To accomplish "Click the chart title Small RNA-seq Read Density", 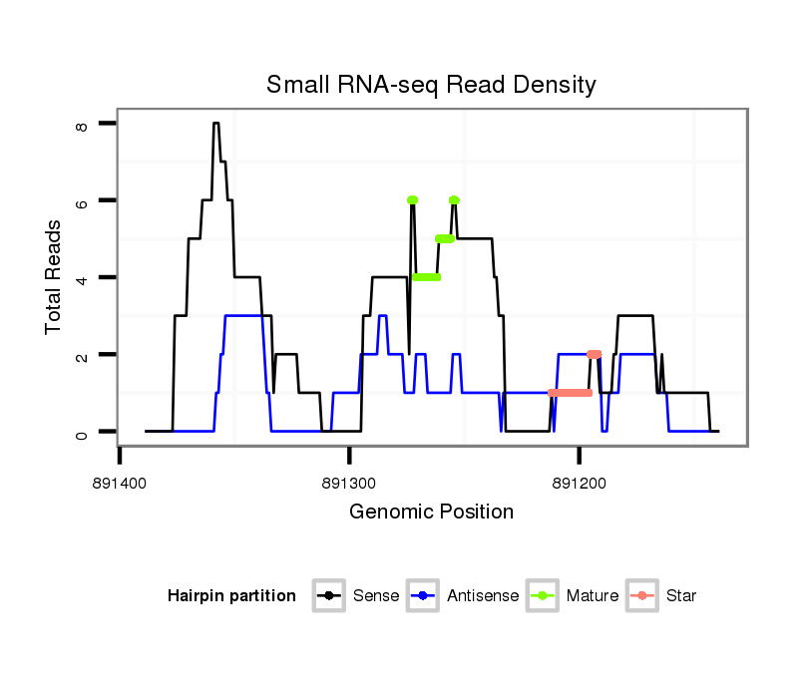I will pos(431,85).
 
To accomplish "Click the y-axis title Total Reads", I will pos(54,276).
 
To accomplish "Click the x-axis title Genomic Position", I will pos(431,513).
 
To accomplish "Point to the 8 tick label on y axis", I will pos(82,125).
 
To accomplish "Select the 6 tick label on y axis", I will pos(82,201).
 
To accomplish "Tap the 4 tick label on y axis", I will pos(82,278).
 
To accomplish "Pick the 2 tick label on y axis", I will pos(82,355).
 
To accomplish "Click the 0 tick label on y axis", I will pos(82,433).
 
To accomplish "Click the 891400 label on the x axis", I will pos(120,481).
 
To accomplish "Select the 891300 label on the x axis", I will pos(349,481).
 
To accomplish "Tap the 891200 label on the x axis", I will pos(579,481).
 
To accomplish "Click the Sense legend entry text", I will pos(376,596).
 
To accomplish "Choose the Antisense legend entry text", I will pos(483,596).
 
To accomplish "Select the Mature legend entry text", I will pos(593,596).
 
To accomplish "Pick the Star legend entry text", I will pos(682,596).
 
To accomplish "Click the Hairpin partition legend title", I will pos(231,596).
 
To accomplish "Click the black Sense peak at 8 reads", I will pos(216,124).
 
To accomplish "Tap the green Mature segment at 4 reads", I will pos(427,277).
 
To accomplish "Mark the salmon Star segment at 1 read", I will pos(570,393).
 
